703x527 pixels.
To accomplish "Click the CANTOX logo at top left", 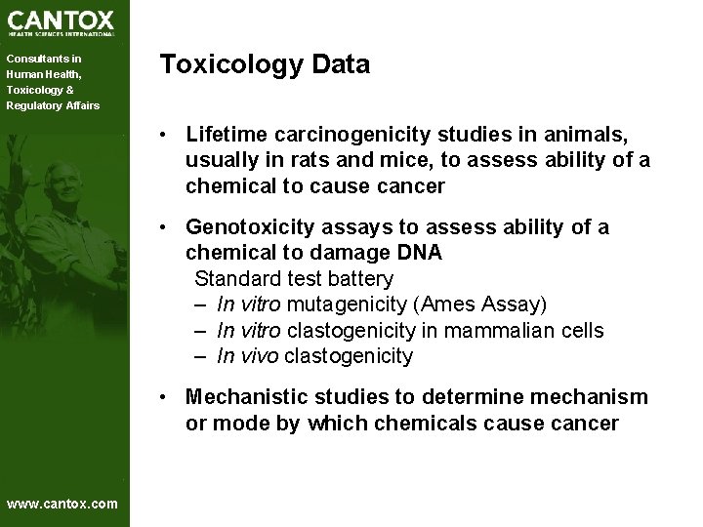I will coord(61,21).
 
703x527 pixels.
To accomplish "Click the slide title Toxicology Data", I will coord(265,65).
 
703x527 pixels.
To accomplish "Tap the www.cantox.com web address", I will coord(62,504).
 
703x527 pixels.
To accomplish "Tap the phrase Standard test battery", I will coord(293,279).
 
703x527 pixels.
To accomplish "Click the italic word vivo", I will coord(259,356).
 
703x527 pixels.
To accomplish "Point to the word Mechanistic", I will coord(248,397).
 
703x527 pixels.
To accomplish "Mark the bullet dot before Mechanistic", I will coord(169,397).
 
